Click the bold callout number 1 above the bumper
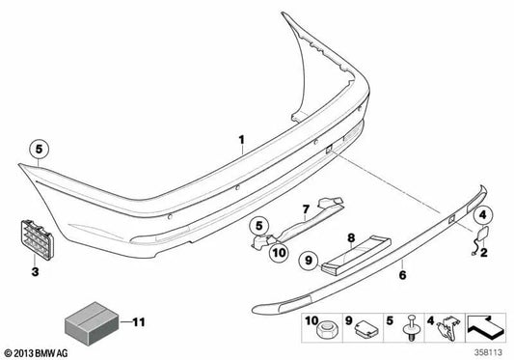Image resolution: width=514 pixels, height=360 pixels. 242,143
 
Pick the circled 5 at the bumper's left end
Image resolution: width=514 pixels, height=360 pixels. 38,151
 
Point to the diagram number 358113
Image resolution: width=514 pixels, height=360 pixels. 491,351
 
